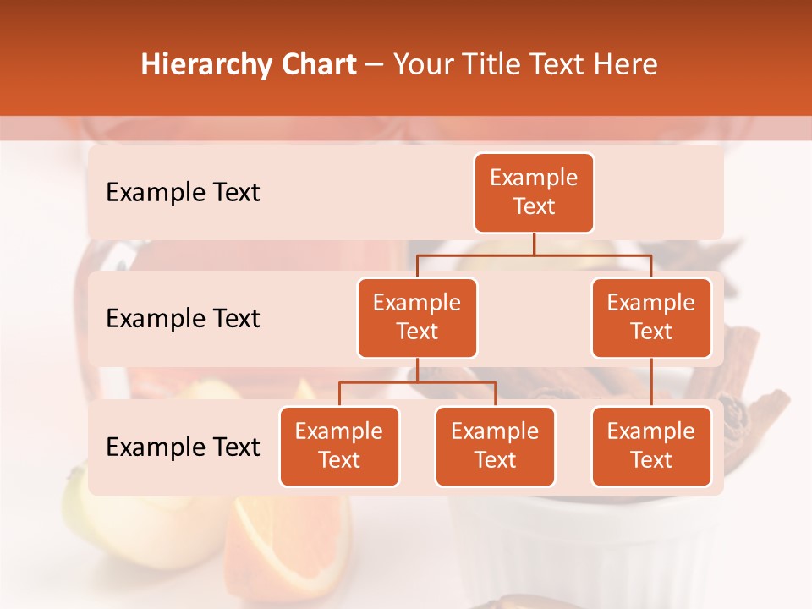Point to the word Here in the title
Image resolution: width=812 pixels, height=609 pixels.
click(x=626, y=65)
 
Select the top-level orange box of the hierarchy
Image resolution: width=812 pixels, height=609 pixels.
click(x=534, y=192)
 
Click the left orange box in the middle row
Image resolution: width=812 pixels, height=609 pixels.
click(x=417, y=317)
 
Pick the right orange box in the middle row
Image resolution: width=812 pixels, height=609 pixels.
click(x=651, y=317)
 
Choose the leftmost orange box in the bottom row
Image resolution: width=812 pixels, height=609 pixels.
click(x=339, y=446)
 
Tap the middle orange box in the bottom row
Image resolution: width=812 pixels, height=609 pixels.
click(x=495, y=446)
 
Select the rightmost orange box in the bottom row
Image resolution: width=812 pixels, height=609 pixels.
click(x=651, y=446)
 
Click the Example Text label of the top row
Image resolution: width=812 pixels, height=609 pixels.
click(x=183, y=193)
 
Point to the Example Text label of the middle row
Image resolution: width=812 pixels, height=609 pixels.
click(x=183, y=319)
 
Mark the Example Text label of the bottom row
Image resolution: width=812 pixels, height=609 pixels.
click(x=183, y=447)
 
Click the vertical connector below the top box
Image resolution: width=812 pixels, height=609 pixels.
click(x=534, y=244)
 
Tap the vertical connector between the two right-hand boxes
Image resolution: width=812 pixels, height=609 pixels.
click(x=651, y=381)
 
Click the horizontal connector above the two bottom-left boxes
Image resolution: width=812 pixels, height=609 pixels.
click(x=417, y=382)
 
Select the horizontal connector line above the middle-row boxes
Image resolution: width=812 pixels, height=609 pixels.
click(x=534, y=255)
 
